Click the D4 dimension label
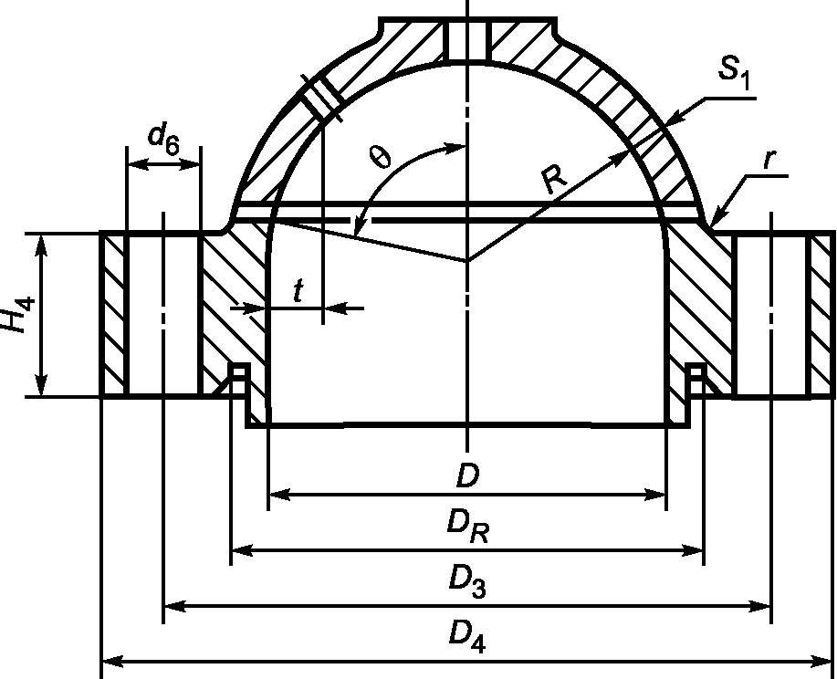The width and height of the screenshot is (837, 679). click(x=467, y=637)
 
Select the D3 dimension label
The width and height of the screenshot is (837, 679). click(x=467, y=582)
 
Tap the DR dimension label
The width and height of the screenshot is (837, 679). click(x=468, y=527)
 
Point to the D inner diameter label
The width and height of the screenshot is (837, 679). click(x=468, y=475)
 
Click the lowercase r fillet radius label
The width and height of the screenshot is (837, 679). click(x=769, y=160)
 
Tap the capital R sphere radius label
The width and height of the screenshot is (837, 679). click(x=554, y=180)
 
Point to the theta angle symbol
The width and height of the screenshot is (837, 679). click(x=380, y=157)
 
